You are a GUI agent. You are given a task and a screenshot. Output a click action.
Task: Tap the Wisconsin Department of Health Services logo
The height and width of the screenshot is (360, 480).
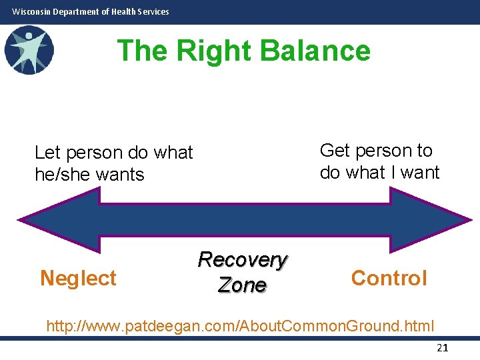coord(28,49)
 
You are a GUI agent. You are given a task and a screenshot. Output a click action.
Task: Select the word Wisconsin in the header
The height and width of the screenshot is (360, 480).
coord(31,11)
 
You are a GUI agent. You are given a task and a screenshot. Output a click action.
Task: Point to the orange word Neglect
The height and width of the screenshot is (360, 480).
coord(78,278)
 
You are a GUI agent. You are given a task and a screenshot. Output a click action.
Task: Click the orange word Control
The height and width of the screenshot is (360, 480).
coord(389,278)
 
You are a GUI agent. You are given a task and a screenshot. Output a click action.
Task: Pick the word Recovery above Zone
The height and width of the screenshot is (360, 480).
coord(242,259)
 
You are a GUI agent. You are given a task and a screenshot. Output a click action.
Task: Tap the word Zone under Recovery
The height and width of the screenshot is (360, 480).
coord(242,285)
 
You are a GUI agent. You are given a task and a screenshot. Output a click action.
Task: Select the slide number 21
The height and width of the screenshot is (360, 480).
coord(442,347)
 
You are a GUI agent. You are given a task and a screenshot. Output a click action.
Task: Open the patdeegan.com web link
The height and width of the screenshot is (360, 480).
coord(240,326)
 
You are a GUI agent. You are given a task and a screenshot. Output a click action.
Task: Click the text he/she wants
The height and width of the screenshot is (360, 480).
coord(89,175)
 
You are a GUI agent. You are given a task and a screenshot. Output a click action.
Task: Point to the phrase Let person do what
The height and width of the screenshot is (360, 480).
coord(113,153)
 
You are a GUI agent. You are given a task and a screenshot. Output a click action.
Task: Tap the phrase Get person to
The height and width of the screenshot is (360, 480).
coord(376,151)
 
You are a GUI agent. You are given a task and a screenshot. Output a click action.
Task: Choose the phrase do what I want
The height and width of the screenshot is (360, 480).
coord(379,173)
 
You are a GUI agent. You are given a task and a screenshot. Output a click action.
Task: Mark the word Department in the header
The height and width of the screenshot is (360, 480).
coord(75,11)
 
